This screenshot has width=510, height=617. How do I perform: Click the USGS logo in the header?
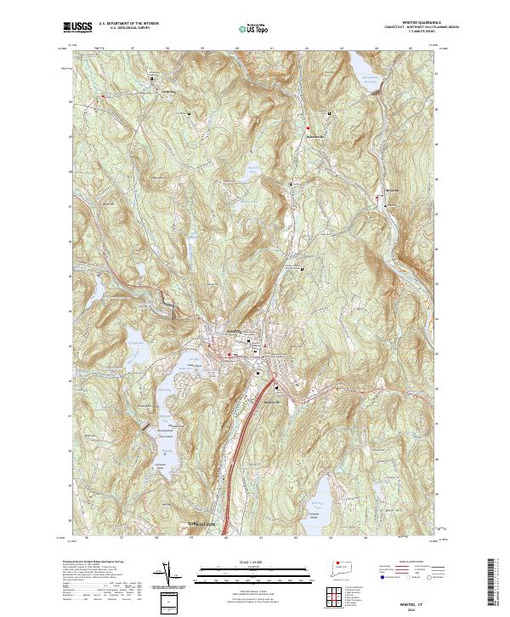pos(77,28)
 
